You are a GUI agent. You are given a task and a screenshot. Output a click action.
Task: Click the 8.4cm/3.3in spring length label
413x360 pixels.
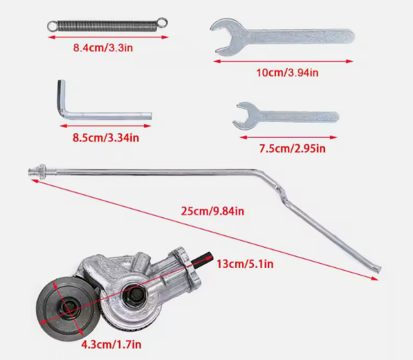(x=103, y=48)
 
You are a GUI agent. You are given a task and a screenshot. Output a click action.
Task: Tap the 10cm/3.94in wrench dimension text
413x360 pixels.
(x=287, y=73)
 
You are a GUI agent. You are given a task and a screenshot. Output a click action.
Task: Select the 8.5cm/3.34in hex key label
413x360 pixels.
(x=106, y=138)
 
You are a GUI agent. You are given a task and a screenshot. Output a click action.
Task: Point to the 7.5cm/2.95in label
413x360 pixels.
(x=293, y=149)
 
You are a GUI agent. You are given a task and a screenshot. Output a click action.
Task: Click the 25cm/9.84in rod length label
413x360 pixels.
(x=212, y=211)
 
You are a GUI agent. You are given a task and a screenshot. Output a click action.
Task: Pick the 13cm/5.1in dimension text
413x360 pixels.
(x=245, y=264)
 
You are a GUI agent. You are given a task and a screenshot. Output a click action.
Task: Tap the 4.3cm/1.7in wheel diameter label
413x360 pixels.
(x=111, y=345)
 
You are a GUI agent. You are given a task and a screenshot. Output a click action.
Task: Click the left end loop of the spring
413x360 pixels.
(x=52, y=26)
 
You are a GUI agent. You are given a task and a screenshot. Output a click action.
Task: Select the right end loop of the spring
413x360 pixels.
(x=163, y=22)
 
